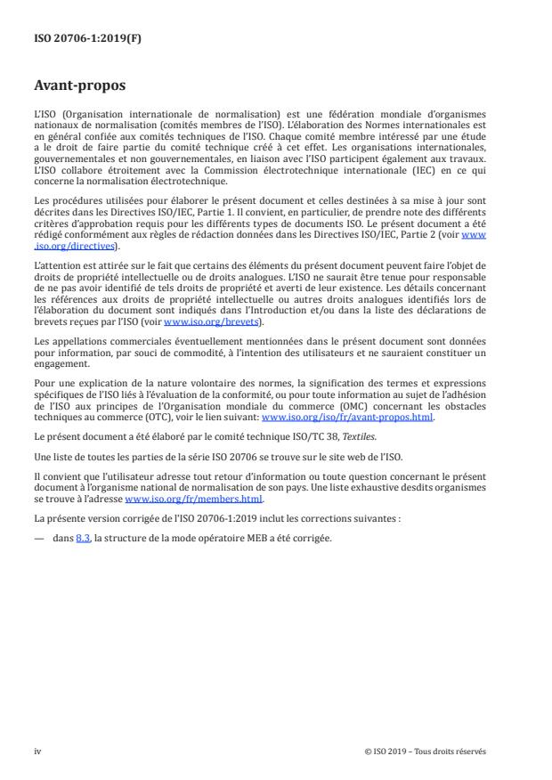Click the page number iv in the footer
(x=37, y=752)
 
